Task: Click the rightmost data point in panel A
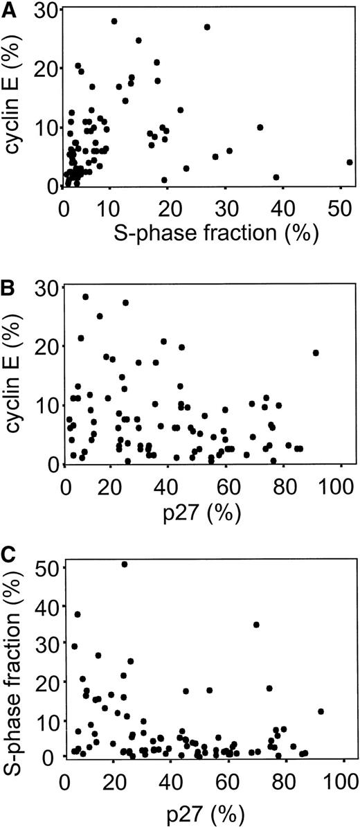click(350, 162)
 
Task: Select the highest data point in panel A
click(114, 21)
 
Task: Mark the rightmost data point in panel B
click(316, 353)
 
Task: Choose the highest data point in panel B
click(86, 296)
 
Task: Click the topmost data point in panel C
click(125, 564)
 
